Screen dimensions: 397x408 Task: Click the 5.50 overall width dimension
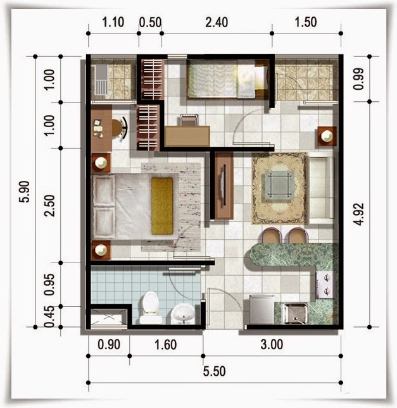point(214,371)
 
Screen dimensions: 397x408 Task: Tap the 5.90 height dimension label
point(24,192)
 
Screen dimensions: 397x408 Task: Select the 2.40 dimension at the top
point(217,22)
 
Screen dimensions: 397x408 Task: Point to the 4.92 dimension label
point(359,214)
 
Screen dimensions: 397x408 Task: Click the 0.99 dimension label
point(358,79)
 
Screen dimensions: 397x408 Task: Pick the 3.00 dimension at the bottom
point(272,345)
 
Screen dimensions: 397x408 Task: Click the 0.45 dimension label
point(49,316)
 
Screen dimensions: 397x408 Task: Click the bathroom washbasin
point(183,313)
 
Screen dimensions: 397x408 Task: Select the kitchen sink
point(295,313)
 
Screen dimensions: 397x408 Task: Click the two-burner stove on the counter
point(325,284)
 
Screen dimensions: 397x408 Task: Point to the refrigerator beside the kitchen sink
point(262,309)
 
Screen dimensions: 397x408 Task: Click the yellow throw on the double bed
point(162,206)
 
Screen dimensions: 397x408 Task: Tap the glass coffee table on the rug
point(279,185)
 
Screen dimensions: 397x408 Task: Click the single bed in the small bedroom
point(228,79)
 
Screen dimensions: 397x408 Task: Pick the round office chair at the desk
point(119,128)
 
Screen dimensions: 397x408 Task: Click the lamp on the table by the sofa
point(327,136)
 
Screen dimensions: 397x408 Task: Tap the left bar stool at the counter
point(272,235)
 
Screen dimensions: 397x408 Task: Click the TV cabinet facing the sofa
point(224,186)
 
